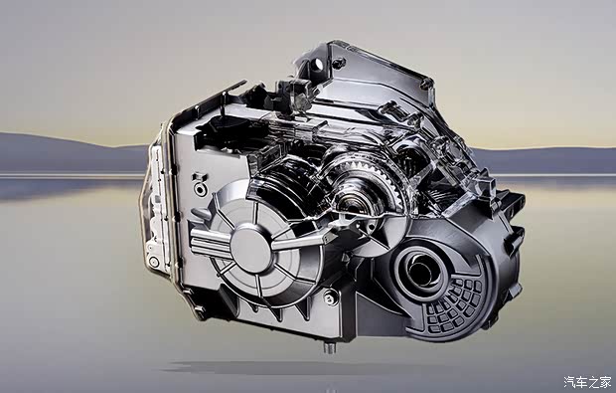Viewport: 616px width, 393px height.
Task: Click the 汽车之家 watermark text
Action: click(x=587, y=382)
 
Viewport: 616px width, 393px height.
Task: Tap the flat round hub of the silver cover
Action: click(x=250, y=249)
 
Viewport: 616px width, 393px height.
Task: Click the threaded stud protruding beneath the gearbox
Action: click(x=330, y=347)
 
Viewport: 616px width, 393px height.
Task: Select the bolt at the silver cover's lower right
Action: click(x=331, y=297)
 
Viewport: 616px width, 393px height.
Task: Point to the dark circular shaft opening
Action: click(x=421, y=271)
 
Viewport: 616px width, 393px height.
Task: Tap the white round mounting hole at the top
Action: click(x=317, y=64)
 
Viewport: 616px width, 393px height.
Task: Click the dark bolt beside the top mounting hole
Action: click(x=338, y=63)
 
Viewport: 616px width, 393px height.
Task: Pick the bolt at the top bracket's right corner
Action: click(x=426, y=84)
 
